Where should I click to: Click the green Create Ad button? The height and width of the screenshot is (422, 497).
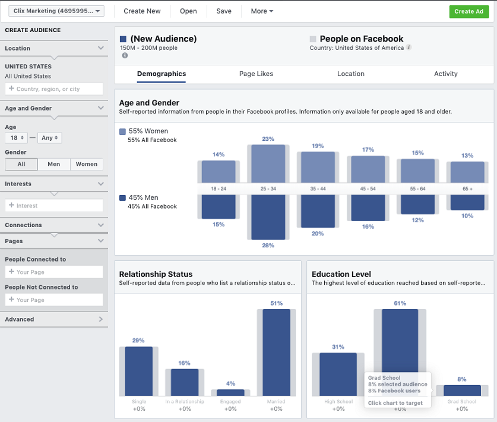point(468,11)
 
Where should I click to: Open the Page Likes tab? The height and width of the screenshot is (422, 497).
point(256,74)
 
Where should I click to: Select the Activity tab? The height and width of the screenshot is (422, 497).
point(445,74)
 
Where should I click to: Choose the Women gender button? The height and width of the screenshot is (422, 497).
point(87,164)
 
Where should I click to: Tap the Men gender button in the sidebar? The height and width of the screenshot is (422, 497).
point(53,164)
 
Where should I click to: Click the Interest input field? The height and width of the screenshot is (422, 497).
point(54,206)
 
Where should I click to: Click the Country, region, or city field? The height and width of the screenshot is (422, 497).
point(54,89)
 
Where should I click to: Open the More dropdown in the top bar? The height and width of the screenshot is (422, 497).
point(262,11)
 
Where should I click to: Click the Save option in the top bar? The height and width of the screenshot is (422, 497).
point(224,11)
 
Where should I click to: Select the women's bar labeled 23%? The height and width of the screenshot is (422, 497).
point(268,163)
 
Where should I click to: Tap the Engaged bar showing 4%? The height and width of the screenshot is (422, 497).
point(230,393)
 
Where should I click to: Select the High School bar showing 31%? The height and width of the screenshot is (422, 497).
point(338,374)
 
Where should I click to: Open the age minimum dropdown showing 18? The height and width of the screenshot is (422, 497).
point(15,138)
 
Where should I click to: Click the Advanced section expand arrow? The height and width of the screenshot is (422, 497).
point(101,319)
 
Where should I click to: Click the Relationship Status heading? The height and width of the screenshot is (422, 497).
point(156,274)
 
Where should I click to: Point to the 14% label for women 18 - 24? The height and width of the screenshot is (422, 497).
point(219,155)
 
